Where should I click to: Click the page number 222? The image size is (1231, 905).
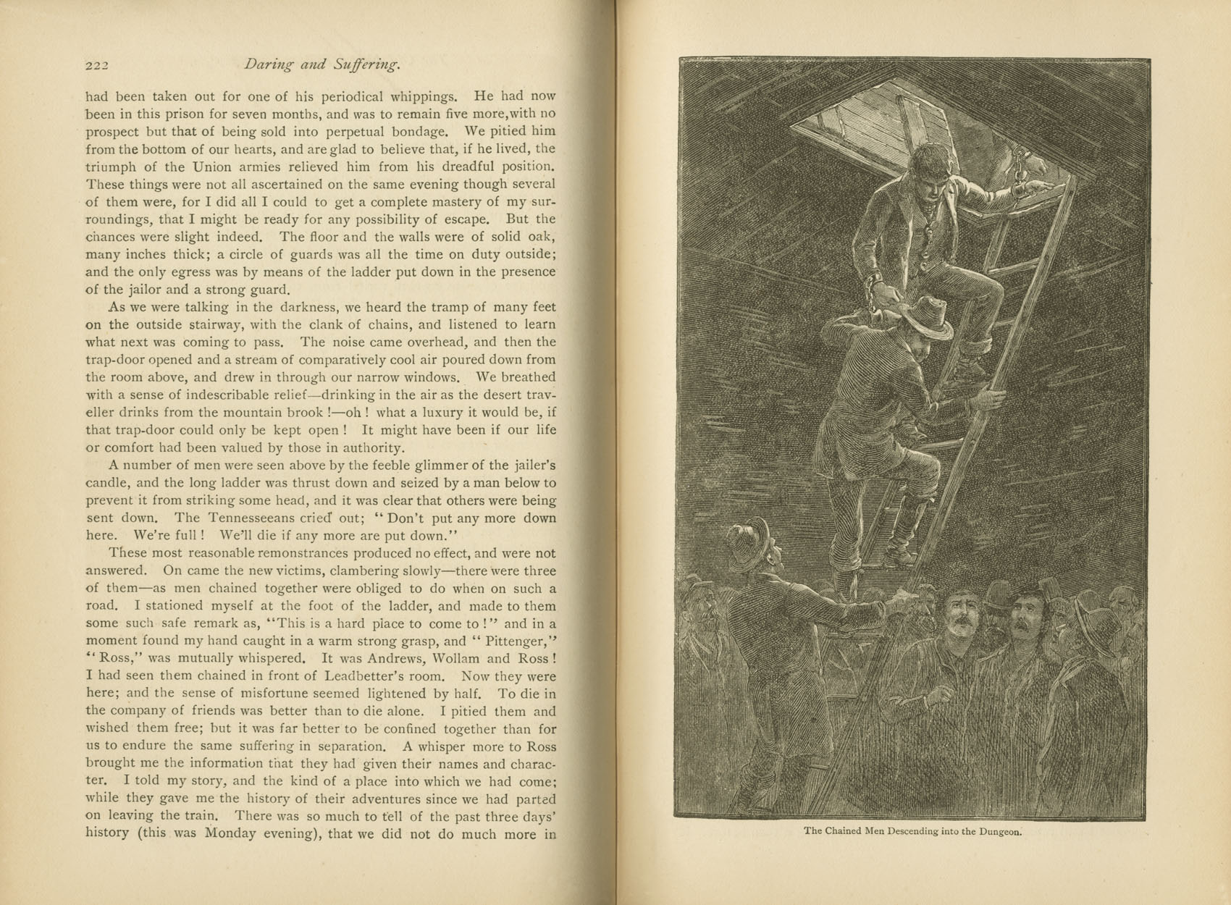[96, 66]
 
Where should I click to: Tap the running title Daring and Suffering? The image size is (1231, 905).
[322, 65]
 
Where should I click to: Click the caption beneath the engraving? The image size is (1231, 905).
[912, 831]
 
